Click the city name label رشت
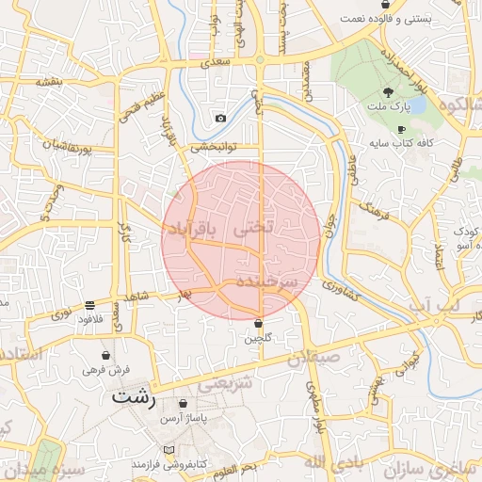click(x=132, y=396)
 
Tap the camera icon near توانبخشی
click(x=220, y=118)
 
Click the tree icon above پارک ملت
click(x=388, y=92)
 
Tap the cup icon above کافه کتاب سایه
click(x=401, y=129)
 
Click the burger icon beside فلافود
click(x=89, y=305)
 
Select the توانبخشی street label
click(x=214, y=147)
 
